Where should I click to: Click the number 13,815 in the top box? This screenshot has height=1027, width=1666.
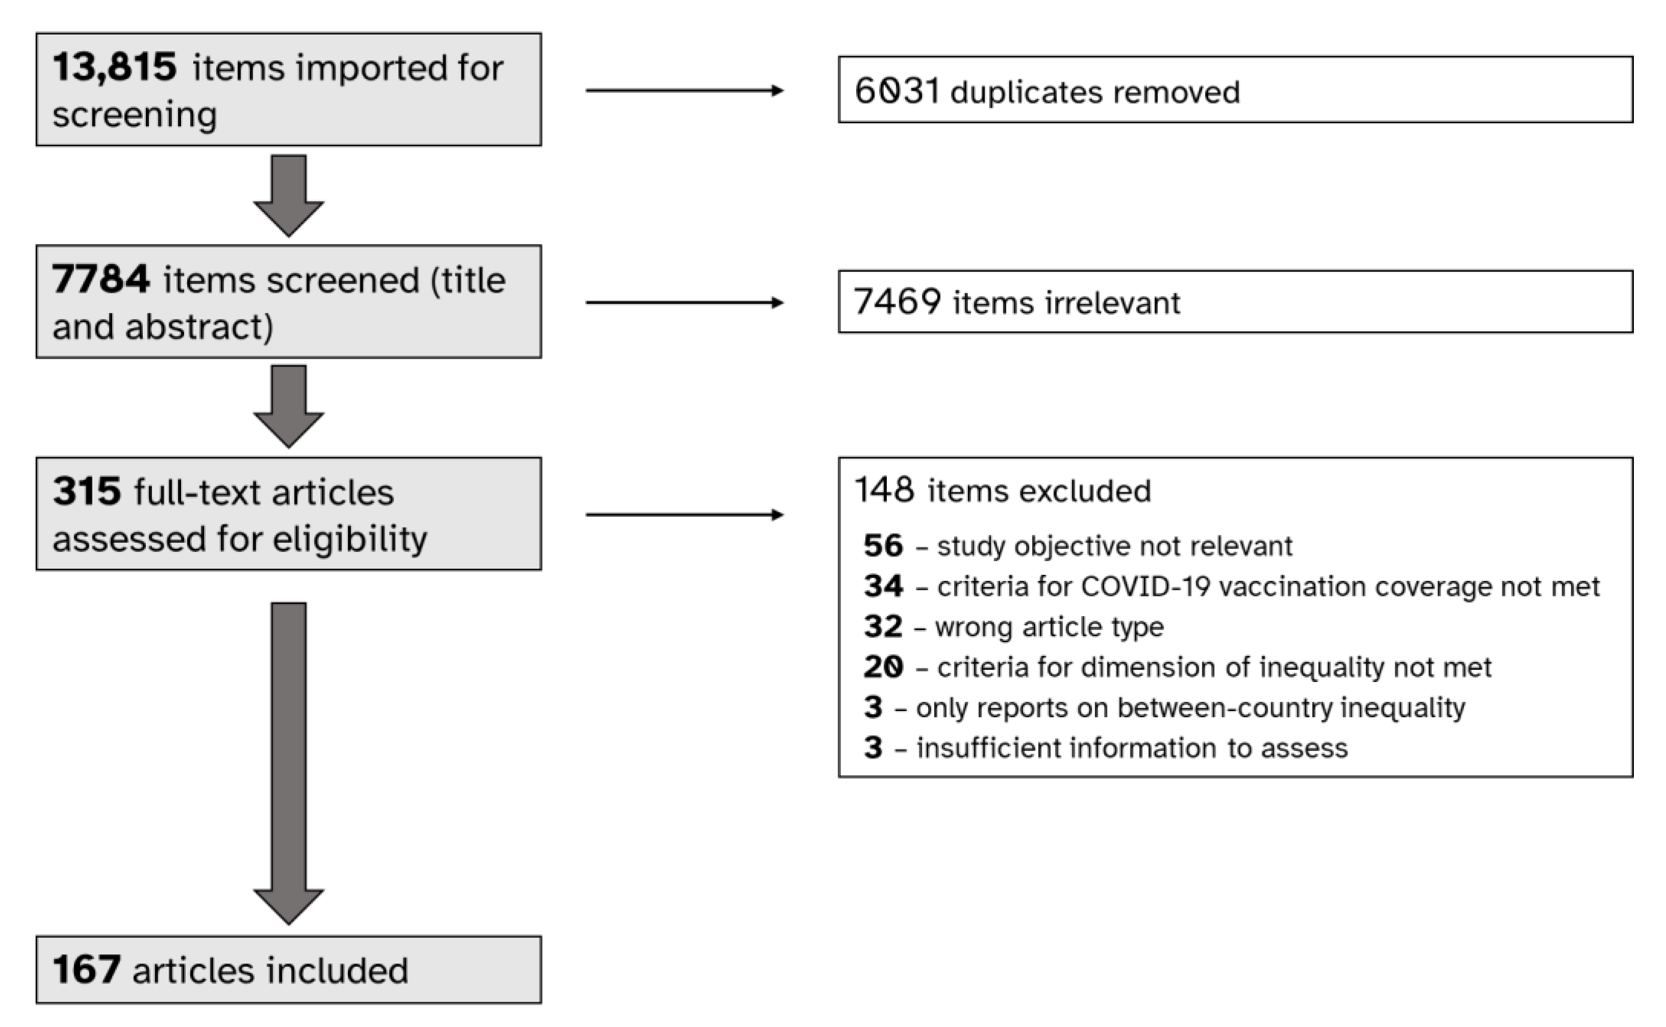pyautogui.click(x=114, y=67)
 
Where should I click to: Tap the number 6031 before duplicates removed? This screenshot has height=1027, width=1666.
pyautogui.click(x=897, y=91)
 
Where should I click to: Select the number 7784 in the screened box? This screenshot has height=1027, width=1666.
pyautogui.click(x=100, y=279)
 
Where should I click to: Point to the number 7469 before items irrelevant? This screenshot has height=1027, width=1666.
pyautogui.click(x=897, y=302)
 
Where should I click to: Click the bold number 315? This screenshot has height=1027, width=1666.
pyautogui.click(x=87, y=491)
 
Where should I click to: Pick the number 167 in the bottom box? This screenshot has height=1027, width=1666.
pyautogui.click(x=87, y=969)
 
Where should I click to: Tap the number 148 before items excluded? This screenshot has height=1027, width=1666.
pyautogui.click(x=884, y=490)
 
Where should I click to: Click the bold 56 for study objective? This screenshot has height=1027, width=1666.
pyautogui.click(x=883, y=545)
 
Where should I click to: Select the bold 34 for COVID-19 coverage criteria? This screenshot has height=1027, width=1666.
pyautogui.click(x=883, y=586)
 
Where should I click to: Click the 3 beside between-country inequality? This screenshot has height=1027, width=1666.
pyautogui.click(x=873, y=707)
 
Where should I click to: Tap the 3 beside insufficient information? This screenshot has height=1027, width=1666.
pyautogui.click(x=873, y=748)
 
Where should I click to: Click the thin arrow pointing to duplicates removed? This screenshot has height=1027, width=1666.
pyautogui.click(x=684, y=90)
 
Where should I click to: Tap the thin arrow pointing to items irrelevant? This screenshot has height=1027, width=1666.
pyautogui.click(x=684, y=302)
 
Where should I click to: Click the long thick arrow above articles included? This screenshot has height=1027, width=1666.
pyautogui.click(x=289, y=761)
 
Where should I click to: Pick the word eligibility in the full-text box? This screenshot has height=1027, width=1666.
pyautogui.click(x=350, y=539)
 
